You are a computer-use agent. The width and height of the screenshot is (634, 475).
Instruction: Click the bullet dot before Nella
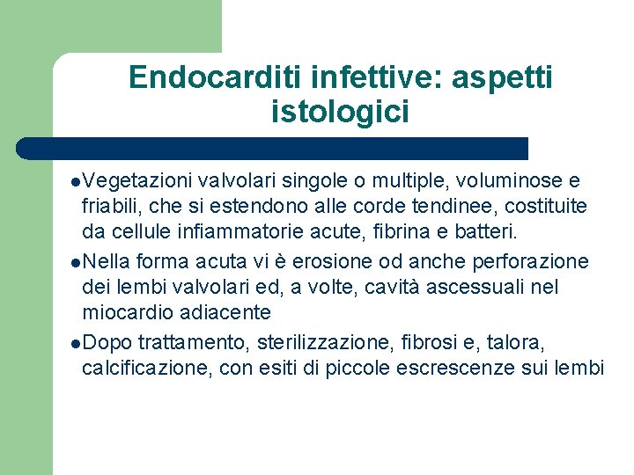click(x=77, y=263)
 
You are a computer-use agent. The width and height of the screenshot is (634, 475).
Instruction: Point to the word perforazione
click(x=533, y=261)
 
